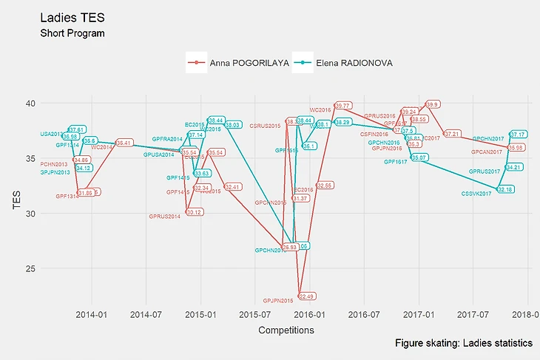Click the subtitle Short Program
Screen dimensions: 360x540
tap(72, 33)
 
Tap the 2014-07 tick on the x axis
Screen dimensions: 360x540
tap(146, 313)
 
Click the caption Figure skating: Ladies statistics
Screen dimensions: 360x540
tap(464, 344)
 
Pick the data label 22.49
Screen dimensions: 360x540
tap(306, 296)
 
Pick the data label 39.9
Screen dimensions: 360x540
tap(433, 104)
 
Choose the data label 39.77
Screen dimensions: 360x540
tap(342, 106)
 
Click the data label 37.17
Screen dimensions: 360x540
tap(518, 135)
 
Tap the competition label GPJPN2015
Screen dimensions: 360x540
tap(278, 300)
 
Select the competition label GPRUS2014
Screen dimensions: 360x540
tap(164, 217)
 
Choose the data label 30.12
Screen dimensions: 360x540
tap(195, 212)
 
